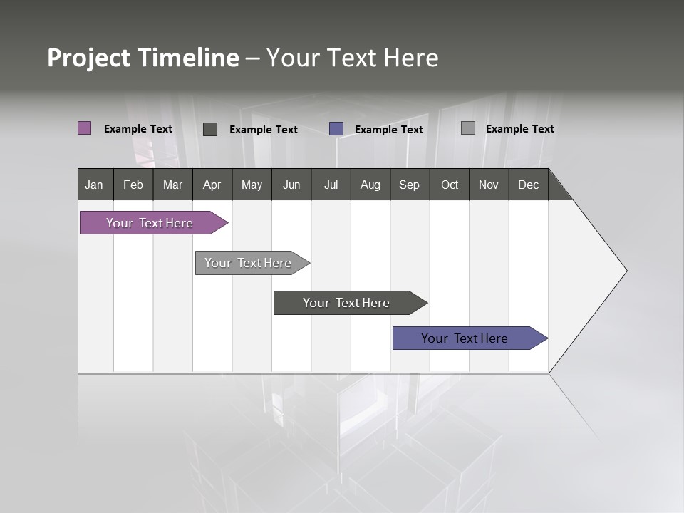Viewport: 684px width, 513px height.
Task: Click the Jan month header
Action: (x=95, y=185)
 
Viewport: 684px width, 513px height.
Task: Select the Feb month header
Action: (x=133, y=185)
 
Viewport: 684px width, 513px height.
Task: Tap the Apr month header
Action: (x=212, y=185)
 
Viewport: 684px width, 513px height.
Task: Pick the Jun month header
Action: (x=291, y=185)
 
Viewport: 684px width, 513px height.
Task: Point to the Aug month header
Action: (x=370, y=185)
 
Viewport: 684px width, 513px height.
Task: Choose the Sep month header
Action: (x=410, y=185)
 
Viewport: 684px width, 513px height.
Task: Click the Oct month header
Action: (x=450, y=185)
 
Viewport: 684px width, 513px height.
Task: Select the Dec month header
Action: (x=529, y=185)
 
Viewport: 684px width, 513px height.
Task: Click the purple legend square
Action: (x=85, y=128)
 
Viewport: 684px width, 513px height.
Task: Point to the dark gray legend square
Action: (x=210, y=129)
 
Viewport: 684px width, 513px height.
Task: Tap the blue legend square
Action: (x=336, y=129)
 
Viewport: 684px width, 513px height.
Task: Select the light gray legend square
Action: (x=468, y=128)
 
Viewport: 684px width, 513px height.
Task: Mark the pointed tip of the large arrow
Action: (x=626, y=271)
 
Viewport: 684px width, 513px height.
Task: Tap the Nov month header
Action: (x=489, y=185)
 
